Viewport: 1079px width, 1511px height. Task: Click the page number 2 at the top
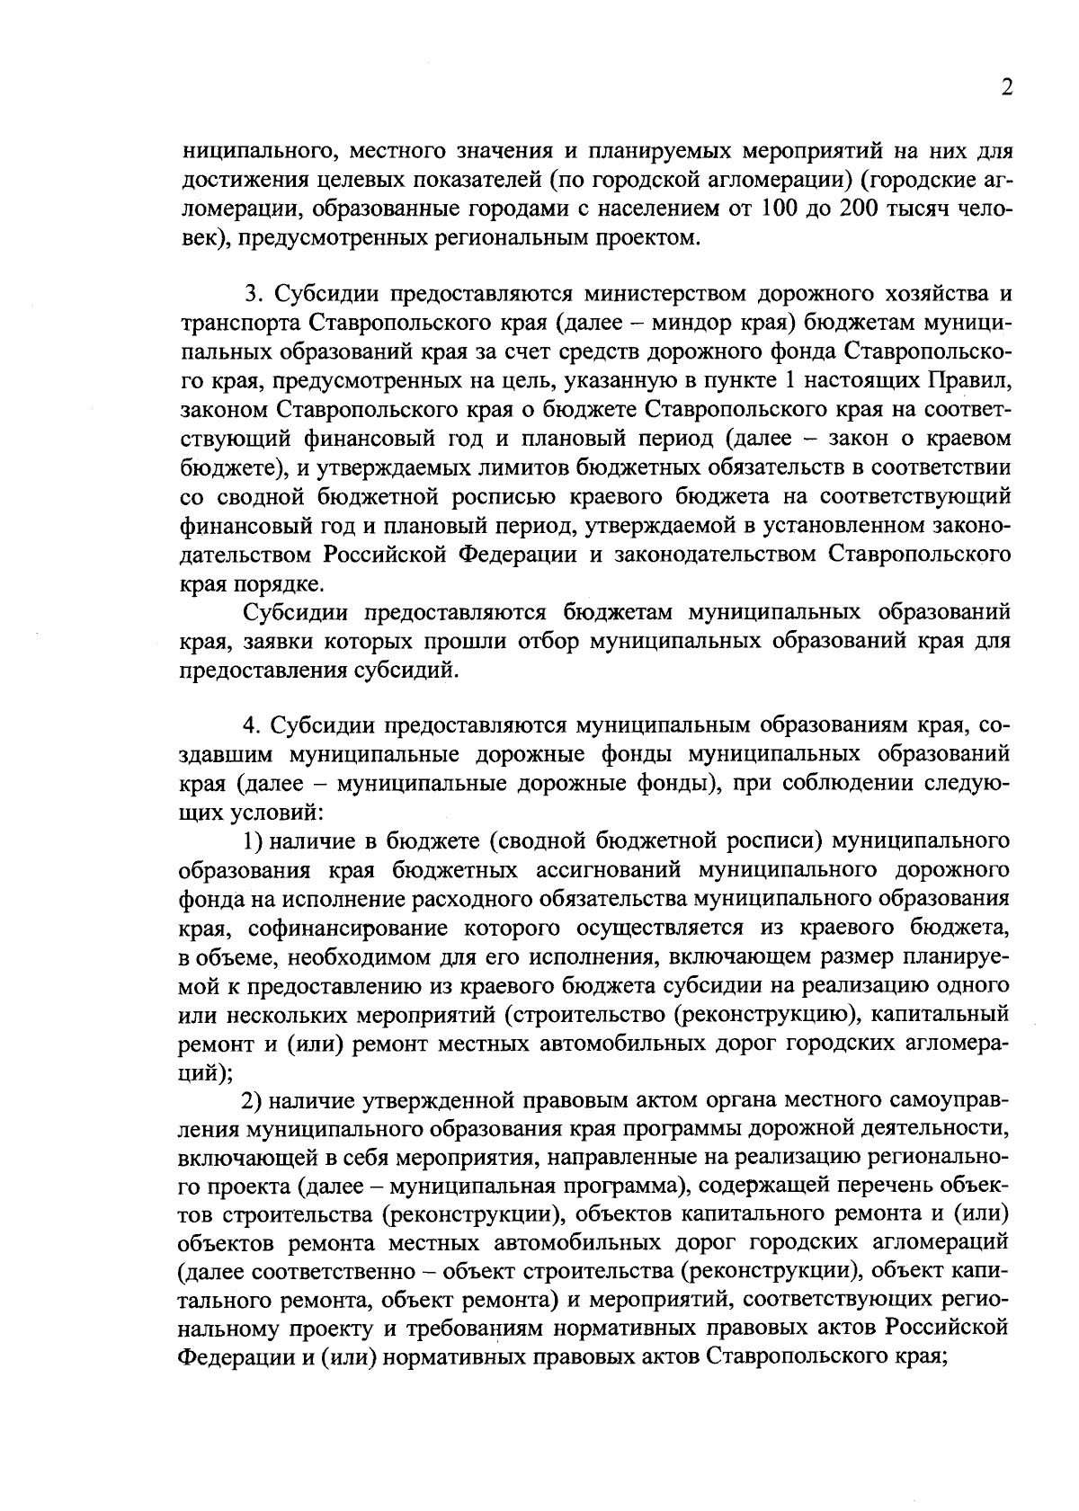coord(1006,88)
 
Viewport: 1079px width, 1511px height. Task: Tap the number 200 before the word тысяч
coord(864,209)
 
